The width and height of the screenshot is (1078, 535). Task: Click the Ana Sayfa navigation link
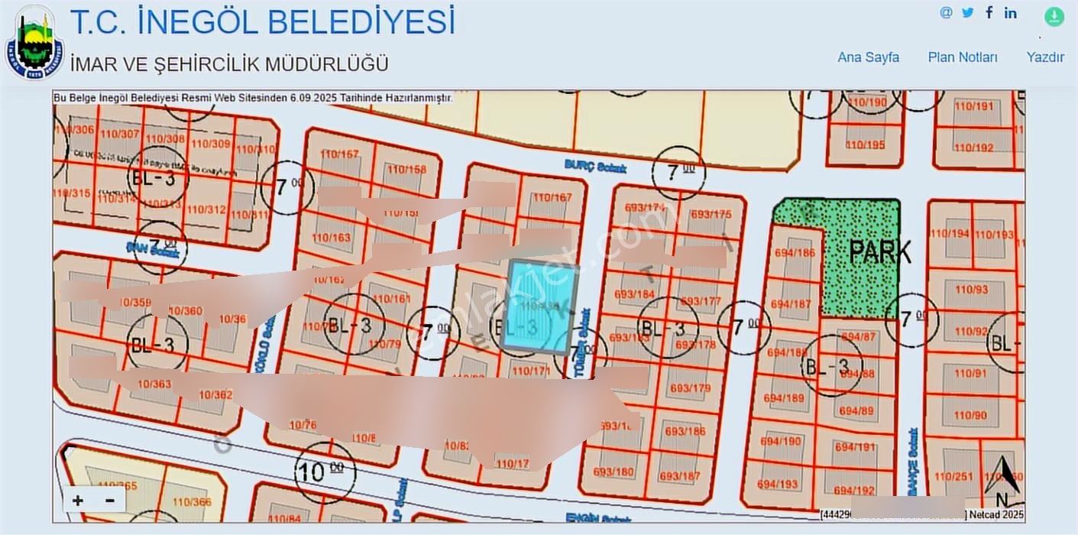coord(868,57)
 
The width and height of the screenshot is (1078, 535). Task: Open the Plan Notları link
coord(963,57)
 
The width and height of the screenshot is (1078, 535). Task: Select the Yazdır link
coord(1045,57)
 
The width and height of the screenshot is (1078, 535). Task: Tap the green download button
coord(1054,16)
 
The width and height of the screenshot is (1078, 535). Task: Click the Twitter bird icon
coord(968,12)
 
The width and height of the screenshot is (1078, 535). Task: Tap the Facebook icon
coord(989,12)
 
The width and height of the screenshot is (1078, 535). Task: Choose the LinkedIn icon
coord(1011,12)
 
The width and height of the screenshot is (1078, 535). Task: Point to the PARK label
coord(881,251)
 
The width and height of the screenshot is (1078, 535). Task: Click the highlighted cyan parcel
coord(541,304)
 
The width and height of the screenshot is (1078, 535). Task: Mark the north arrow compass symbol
coord(1004,478)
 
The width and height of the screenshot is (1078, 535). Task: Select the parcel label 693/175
coord(710,214)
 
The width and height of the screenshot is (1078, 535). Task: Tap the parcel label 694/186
coord(792,252)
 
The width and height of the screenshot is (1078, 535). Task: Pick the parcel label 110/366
coord(192,502)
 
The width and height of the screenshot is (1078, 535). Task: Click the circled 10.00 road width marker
coord(324,472)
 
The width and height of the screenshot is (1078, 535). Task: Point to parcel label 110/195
coord(866,144)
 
